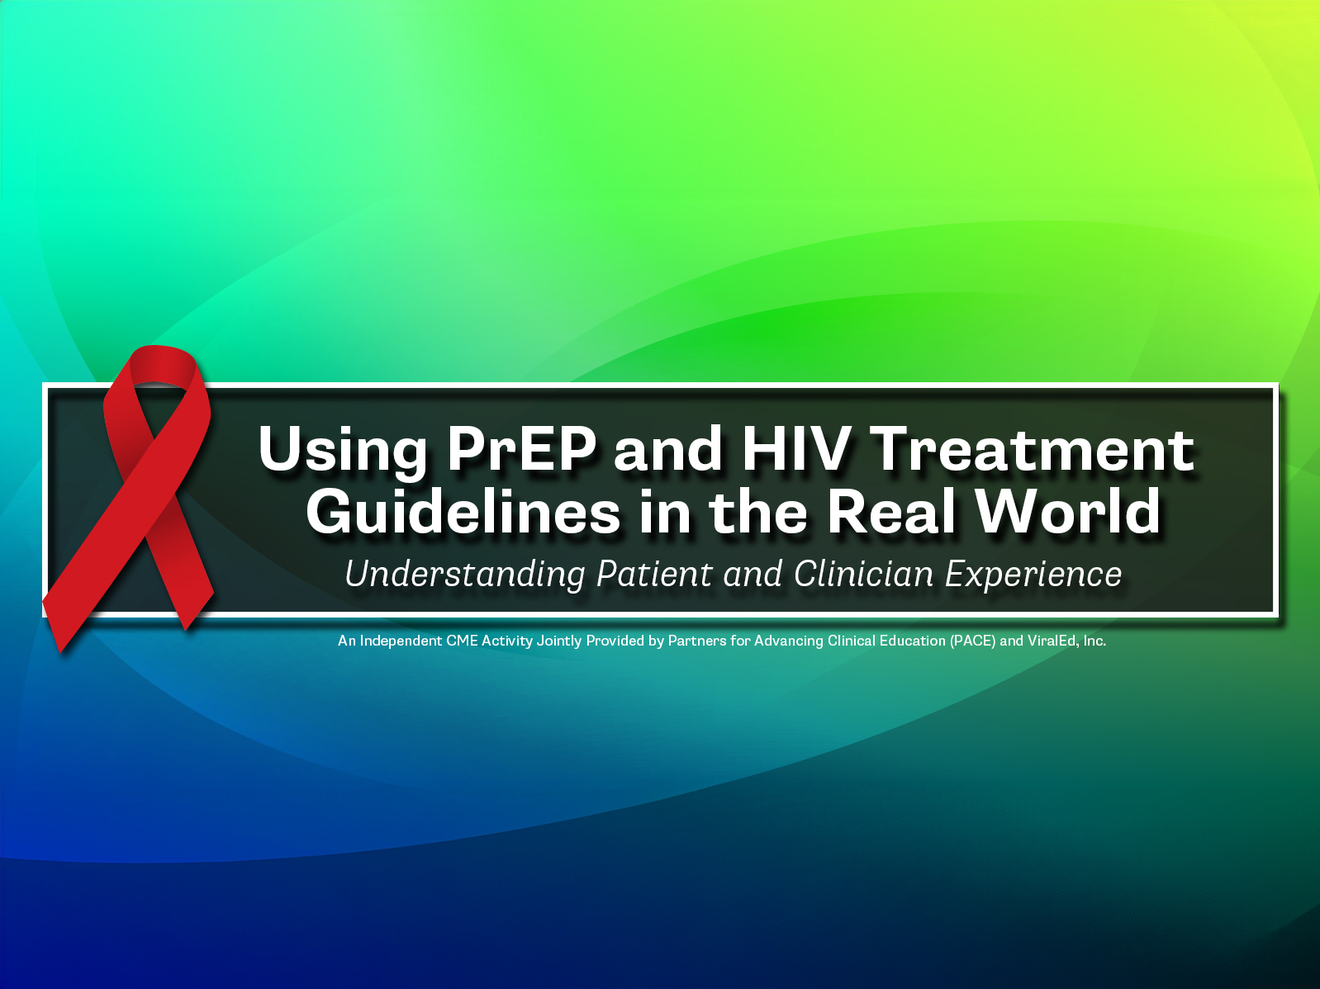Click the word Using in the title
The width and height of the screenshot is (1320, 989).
click(343, 452)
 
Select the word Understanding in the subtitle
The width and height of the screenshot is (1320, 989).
click(465, 575)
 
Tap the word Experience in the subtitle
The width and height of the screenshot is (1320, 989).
click(1033, 575)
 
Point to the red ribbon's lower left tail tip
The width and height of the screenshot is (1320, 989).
click(60, 651)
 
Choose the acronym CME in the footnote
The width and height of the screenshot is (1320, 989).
click(462, 641)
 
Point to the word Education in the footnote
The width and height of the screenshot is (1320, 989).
click(912, 641)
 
